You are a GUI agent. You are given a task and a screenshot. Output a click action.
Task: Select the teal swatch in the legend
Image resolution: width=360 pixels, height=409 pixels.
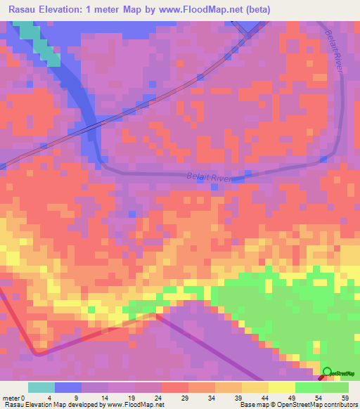pyautogui.click(x=41, y=387)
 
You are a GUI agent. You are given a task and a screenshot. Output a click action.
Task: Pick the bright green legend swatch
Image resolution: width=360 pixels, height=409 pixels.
pyautogui.click(x=309, y=387)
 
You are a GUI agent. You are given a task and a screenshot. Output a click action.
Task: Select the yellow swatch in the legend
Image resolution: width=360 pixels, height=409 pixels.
pyautogui.click(x=282, y=387)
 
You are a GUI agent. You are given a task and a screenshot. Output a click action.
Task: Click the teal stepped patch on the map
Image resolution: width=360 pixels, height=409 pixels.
pyautogui.click(x=39, y=42)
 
